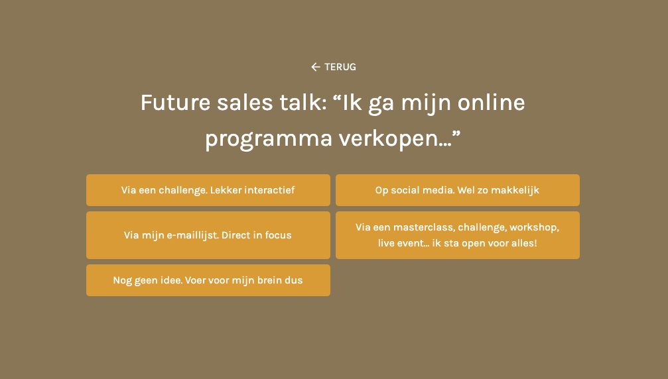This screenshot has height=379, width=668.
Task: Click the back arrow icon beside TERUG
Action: click(315, 67)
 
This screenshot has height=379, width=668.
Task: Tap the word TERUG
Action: click(340, 67)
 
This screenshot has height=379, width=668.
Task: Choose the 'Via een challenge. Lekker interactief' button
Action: click(208, 190)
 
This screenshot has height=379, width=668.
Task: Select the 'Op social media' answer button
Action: click(458, 190)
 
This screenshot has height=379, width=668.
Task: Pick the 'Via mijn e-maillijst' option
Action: click(208, 235)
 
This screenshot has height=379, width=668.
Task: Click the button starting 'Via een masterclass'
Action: click(458, 235)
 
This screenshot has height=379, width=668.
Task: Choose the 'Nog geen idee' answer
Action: click(208, 280)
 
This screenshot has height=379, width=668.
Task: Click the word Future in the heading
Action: click(176, 103)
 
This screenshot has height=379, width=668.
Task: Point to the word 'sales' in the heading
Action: click(245, 103)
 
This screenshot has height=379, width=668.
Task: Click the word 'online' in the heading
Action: click(491, 103)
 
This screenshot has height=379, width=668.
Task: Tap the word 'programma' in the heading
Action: click(269, 139)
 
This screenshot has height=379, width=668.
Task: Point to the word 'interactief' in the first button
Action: click(270, 190)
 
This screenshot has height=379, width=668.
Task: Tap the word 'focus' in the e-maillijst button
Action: click(278, 235)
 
